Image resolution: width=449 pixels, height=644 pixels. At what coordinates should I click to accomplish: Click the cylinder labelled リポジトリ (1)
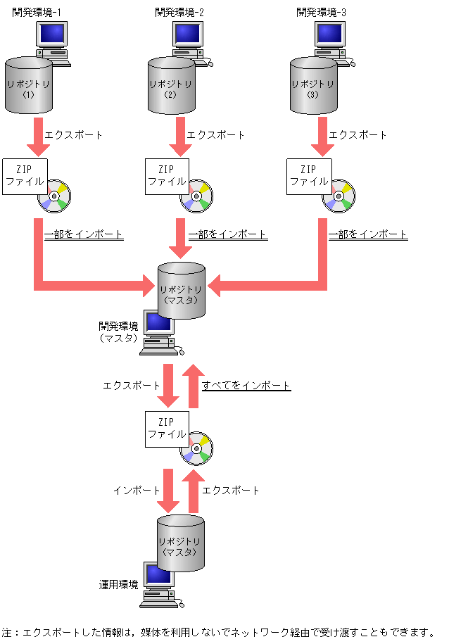click(29, 87)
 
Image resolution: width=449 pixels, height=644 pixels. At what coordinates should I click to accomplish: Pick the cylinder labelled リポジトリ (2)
click(171, 87)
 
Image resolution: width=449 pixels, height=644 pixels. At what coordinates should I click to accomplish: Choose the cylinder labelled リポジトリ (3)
click(313, 87)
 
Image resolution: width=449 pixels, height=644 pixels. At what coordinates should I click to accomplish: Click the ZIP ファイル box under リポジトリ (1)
click(25, 176)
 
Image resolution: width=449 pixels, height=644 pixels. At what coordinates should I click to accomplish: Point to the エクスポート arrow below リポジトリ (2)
click(179, 137)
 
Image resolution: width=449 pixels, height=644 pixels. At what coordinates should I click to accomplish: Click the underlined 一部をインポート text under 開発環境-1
click(84, 234)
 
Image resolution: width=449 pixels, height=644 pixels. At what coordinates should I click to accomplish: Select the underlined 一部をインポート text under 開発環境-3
click(368, 234)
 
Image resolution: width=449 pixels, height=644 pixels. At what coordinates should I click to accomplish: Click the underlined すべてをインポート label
click(246, 386)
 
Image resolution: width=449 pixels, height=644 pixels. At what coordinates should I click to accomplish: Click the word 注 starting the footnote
click(7, 632)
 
